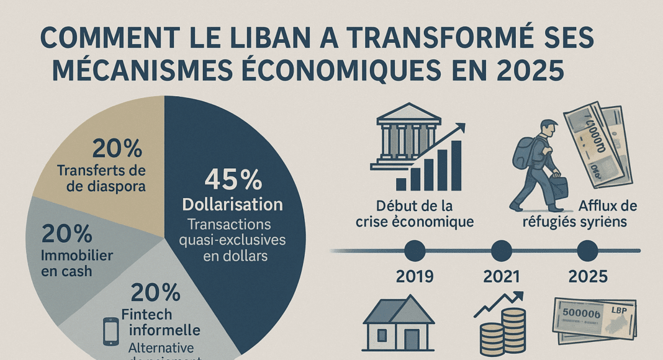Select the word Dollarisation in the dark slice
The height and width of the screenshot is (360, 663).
click(232, 204)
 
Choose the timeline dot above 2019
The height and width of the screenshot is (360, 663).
click(415, 251)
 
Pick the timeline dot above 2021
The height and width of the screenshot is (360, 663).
click(501, 251)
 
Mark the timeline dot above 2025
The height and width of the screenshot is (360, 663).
click(587, 251)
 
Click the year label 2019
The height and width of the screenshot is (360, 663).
click(415, 276)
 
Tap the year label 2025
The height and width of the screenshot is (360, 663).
click(587, 276)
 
